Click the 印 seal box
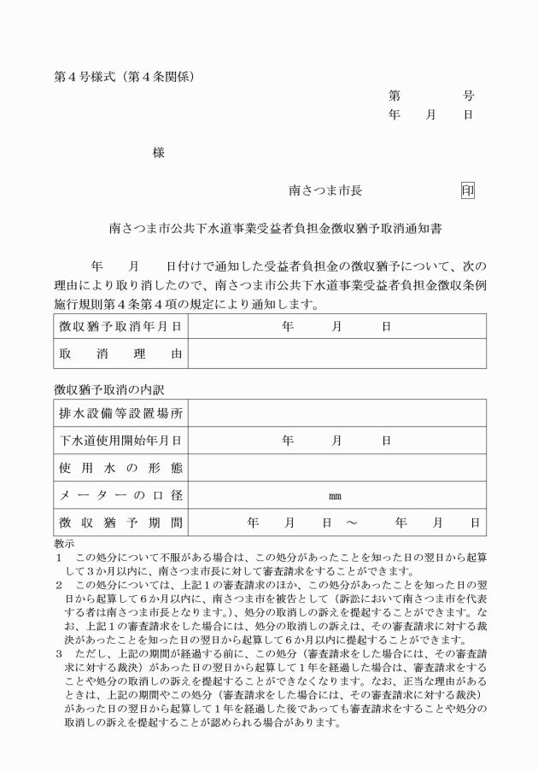(467, 191)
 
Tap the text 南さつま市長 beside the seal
(325, 191)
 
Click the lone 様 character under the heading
(158, 152)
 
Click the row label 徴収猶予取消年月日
(120, 326)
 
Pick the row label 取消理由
(120, 353)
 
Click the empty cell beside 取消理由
(337, 353)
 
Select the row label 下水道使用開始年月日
(120, 441)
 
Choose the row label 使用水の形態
(120, 468)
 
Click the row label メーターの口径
(120, 494)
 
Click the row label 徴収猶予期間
(120, 522)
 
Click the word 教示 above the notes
(63, 543)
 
